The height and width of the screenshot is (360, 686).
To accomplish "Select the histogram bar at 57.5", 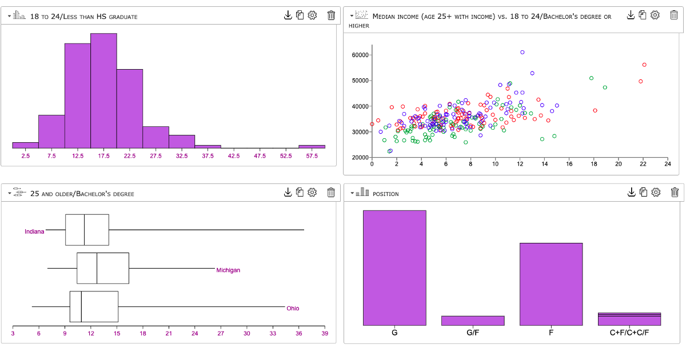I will click(x=312, y=146).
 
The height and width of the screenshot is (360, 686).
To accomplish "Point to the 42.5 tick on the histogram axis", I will click(x=234, y=155).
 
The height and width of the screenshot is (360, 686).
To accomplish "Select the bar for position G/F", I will click(x=473, y=321).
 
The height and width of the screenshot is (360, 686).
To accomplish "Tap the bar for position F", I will click(x=551, y=284).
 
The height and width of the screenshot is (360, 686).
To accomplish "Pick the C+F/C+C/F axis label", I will click(x=629, y=333).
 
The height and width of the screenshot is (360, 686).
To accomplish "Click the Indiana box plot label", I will click(x=34, y=231).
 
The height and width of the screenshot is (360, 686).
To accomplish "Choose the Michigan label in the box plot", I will click(x=228, y=270).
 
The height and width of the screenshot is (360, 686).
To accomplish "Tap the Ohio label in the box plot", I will click(x=293, y=308).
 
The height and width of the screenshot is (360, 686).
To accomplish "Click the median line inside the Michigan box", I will click(x=97, y=268).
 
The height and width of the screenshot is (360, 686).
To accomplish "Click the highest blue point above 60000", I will click(x=523, y=52).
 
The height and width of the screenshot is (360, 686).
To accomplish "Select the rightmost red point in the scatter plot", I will click(x=644, y=65).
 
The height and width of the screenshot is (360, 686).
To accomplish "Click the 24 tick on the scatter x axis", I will click(x=667, y=164).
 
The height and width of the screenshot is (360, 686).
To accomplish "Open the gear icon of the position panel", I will click(x=656, y=192).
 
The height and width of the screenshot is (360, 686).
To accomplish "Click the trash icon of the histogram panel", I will click(x=331, y=15).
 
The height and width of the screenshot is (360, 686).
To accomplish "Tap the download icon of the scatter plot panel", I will click(x=631, y=15).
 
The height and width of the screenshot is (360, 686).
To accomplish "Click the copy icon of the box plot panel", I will click(x=300, y=192).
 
